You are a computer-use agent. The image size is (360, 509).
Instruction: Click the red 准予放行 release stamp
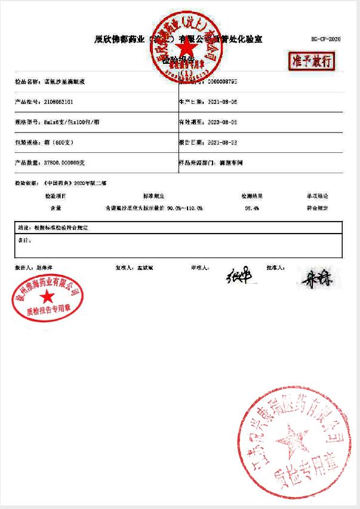click(311, 60)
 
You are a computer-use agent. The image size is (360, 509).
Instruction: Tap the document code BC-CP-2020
click(326, 39)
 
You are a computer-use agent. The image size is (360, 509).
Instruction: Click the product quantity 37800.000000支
click(66, 162)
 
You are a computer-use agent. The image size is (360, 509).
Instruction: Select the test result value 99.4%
click(253, 208)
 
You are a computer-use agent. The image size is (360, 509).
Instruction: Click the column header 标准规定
click(153, 196)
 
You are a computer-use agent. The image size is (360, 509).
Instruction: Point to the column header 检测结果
click(253, 196)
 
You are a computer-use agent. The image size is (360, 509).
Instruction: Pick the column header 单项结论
click(318, 196)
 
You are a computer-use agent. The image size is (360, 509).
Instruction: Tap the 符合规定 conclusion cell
click(318, 208)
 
